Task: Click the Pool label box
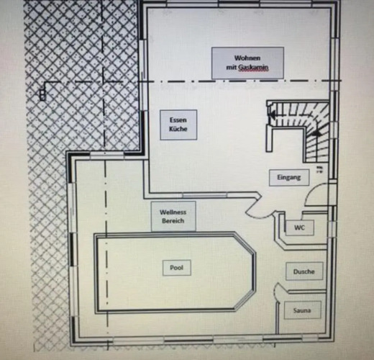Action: click(x=177, y=267)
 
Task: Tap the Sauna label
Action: click(x=302, y=310)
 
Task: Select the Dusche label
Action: click(x=304, y=271)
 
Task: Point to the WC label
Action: click(x=300, y=228)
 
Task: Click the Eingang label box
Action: click(x=289, y=177)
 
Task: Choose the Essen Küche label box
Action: click(x=178, y=125)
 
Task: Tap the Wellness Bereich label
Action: click(x=173, y=216)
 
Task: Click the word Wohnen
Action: click(x=247, y=58)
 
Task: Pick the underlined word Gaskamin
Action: click(x=253, y=68)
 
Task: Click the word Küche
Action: click(x=178, y=129)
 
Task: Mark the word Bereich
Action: click(x=173, y=221)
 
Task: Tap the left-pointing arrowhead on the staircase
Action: click(x=273, y=114)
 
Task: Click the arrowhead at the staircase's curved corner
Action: click(x=317, y=132)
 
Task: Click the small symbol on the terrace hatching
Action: click(x=42, y=94)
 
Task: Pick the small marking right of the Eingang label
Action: click(x=319, y=169)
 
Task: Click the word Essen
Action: click(x=178, y=120)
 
